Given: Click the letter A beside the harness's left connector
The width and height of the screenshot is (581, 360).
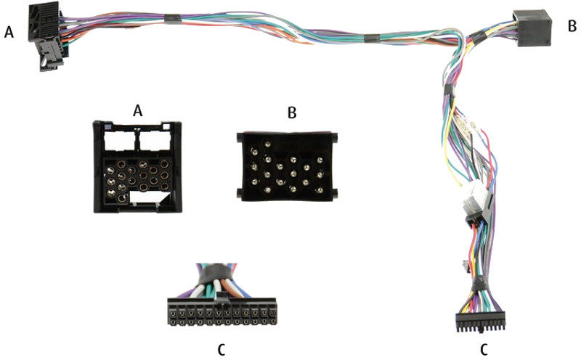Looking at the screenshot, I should pos(9,32).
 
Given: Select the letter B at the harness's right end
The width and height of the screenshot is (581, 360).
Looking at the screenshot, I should pos(572,26).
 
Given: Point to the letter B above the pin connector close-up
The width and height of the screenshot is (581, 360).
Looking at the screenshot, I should pos(292,112).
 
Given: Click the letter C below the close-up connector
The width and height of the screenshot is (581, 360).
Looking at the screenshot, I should pos(222,348).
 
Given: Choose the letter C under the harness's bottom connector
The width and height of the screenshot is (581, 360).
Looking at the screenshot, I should pos(482,348).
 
